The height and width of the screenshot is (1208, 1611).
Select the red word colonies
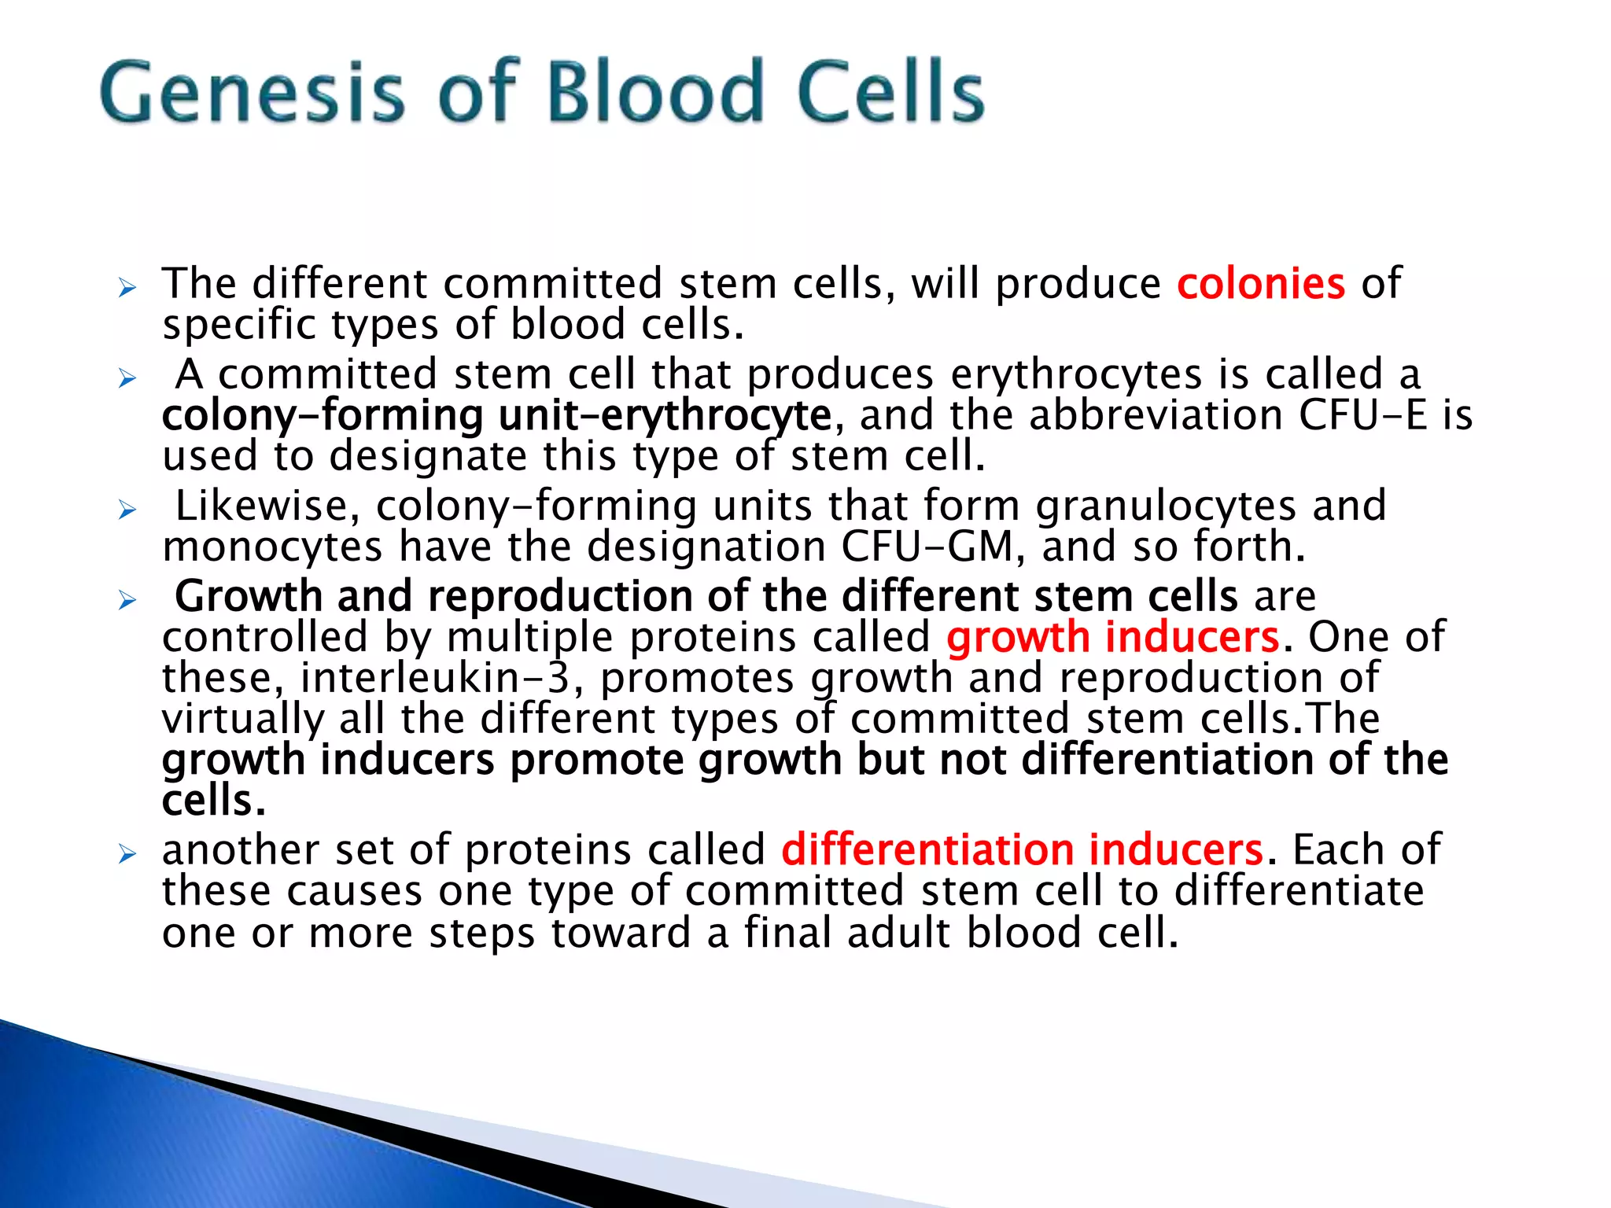pos(1261,284)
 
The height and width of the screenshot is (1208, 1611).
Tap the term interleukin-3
pos(434,678)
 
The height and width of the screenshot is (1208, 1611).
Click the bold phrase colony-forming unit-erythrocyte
pos(497,415)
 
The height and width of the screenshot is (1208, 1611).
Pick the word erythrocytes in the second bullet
pos(1076,374)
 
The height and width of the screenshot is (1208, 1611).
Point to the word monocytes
pos(272,547)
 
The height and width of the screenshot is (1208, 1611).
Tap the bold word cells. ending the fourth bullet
pos(214,801)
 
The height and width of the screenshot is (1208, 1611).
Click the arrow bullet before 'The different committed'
pos(127,289)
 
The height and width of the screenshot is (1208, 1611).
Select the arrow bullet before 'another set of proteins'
pos(127,855)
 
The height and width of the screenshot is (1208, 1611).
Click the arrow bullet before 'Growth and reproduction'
pos(127,602)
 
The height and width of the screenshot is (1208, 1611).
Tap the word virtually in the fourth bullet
pos(242,719)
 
